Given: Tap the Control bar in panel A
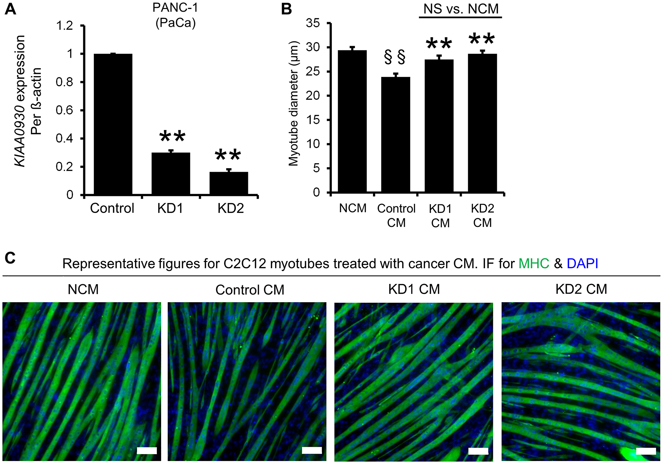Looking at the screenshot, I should [x=113, y=124].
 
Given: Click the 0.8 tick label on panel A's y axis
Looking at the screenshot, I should [x=64, y=82].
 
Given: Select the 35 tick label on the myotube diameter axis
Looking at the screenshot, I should [x=313, y=23].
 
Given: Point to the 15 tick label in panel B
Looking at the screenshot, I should [x=313, y=120].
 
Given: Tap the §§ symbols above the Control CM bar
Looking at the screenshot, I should [x=395, y=57].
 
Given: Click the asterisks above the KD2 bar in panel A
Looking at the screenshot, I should [x=228, y=155].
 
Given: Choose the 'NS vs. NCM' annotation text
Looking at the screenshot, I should [x=461, y=9].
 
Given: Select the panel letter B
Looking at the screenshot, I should [x=286, y=9].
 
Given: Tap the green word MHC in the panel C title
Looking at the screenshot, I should [x=534, y=264].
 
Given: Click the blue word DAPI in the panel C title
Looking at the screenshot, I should [x=582, y=264].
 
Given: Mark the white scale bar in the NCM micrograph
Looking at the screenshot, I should [x=147, y=450].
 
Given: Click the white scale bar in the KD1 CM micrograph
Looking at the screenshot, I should [x=478, y=451].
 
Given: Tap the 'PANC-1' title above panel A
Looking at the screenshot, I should [x=175, y=8].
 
